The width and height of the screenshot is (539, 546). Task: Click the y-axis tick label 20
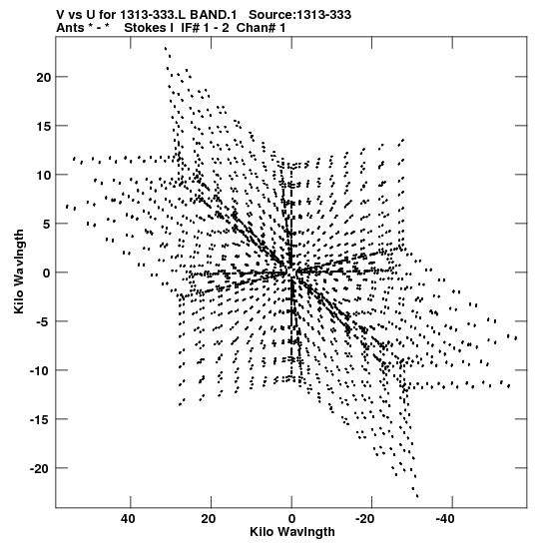point(44,77)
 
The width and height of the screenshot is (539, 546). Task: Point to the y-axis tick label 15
point(44,126)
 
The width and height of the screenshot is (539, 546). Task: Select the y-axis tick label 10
point(44,175)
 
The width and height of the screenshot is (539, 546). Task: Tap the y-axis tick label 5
point(48,224)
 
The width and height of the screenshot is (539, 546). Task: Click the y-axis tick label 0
point(48,273)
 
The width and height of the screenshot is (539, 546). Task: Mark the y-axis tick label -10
point(41,370)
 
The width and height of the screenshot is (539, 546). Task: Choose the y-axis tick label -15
point(41,419)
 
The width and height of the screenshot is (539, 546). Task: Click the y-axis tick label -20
point(41,468)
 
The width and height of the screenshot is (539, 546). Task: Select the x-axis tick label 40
point(128,519)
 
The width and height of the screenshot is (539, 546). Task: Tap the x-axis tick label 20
point(209,519)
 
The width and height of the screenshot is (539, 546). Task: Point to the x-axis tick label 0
point(291,519)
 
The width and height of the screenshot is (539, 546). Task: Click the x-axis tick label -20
point(365,519)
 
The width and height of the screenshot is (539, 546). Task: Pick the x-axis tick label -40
point(445,519)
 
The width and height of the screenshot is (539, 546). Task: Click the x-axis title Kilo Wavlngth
point(292,532)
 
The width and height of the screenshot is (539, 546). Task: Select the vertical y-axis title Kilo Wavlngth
point(19,272)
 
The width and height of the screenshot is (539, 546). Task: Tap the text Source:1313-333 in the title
point(299,15)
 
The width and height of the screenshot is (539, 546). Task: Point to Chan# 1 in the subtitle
point(261,28)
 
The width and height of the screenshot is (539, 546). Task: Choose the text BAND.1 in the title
point(213,15)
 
